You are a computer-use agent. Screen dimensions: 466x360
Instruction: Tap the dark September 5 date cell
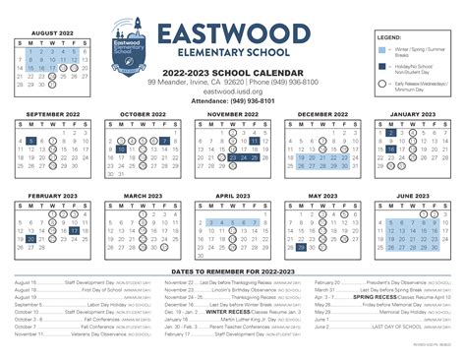[32, 142]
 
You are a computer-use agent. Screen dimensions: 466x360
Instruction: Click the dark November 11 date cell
[256, 142]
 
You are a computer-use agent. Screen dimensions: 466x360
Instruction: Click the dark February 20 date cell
[32, 237]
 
